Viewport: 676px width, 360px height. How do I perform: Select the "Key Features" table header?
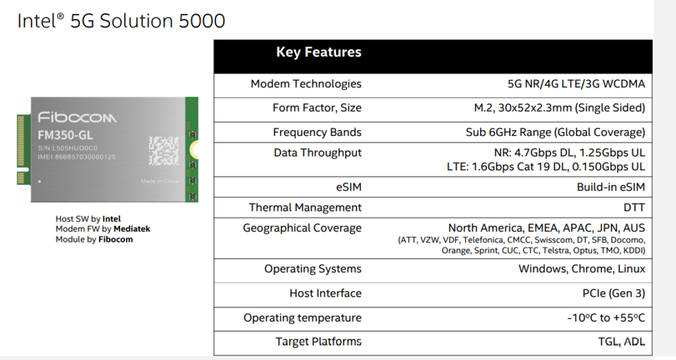click(319, 53)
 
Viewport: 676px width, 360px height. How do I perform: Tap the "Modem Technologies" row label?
click(306, 84)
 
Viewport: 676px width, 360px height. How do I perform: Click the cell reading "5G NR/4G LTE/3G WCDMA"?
click(572, 84)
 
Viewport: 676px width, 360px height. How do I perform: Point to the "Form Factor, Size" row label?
click(317, 108)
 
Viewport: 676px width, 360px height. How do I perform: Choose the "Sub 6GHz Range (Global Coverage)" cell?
click(555, 132)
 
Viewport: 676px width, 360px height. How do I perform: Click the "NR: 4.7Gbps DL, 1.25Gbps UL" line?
click(569, 153)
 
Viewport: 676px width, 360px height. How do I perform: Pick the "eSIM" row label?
click(348, 187)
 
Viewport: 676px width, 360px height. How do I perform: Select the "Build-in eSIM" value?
click(611, 187)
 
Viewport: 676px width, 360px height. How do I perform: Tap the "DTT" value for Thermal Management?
click(634, 207)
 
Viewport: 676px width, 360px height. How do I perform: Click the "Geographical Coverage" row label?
click(302, 228)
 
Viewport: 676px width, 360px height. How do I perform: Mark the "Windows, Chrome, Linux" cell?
click(582, 269)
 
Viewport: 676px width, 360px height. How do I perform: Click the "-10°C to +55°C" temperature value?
click(606, 318)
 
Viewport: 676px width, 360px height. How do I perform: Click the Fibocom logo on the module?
click(77, 118)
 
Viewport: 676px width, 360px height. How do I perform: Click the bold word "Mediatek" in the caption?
click(133, 229)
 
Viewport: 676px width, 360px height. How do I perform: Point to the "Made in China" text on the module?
click(158, 180)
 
